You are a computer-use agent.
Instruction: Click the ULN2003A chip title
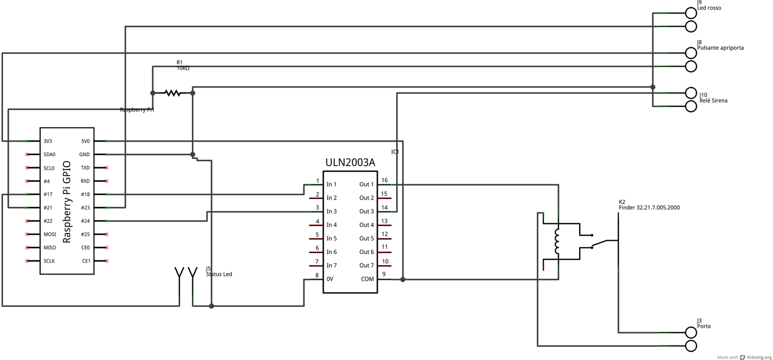350,163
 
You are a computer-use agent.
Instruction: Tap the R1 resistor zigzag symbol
172,93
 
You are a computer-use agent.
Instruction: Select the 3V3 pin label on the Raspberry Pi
48,142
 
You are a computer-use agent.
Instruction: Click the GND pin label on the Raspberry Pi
85,155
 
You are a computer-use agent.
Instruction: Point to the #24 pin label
85,221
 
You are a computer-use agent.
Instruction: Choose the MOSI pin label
50,234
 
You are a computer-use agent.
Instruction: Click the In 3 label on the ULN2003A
331,212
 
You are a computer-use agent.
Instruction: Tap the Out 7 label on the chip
366,266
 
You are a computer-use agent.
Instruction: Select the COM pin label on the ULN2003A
367,279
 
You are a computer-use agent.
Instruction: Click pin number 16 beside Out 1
385,180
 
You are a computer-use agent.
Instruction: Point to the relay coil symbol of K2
557,241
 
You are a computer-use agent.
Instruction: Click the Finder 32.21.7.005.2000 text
649,208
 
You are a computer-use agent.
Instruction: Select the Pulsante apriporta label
720,48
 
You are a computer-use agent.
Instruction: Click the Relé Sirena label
713,101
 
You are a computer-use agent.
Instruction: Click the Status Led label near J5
219,274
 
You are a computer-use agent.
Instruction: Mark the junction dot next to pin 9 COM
403,279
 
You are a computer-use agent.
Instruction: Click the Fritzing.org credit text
759,358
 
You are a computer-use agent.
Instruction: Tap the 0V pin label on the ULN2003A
329,279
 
